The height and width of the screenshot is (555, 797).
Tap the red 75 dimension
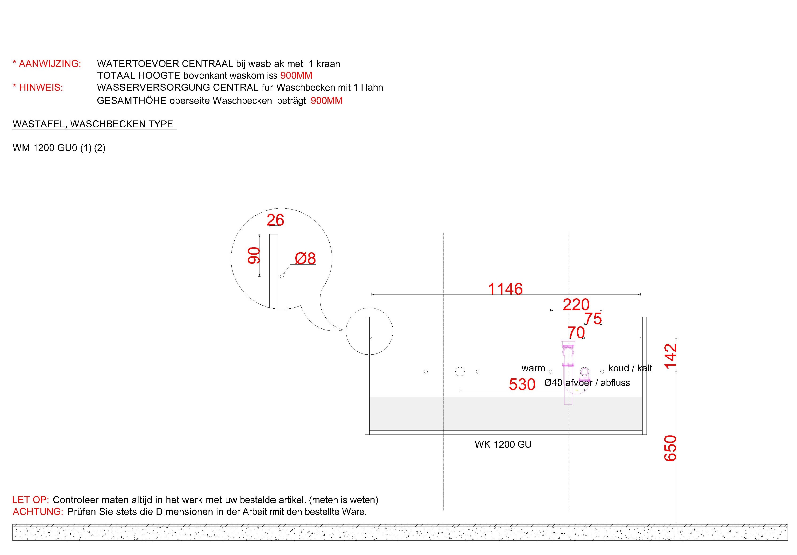point(593,318)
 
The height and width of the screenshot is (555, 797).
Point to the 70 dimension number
point(576,332)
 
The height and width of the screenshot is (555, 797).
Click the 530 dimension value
point(522,384)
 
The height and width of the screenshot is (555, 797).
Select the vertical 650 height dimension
point(670,448)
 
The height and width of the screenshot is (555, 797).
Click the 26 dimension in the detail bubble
point(275,220)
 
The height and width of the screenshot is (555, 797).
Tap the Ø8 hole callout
point(305,258)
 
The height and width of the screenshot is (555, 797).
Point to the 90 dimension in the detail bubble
point(254,256)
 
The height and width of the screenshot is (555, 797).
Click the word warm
point(533,368)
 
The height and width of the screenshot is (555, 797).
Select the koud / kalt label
point(630,368)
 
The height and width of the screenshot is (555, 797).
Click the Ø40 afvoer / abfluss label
point(587,383)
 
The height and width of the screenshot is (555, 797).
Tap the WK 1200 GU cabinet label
point(503,444)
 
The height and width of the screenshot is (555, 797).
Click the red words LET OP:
point(31,500)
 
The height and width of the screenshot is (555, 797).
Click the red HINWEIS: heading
point(38,87)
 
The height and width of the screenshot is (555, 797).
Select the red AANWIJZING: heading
point(47,64)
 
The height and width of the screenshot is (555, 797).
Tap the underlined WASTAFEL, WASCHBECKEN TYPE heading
point(93,124)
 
